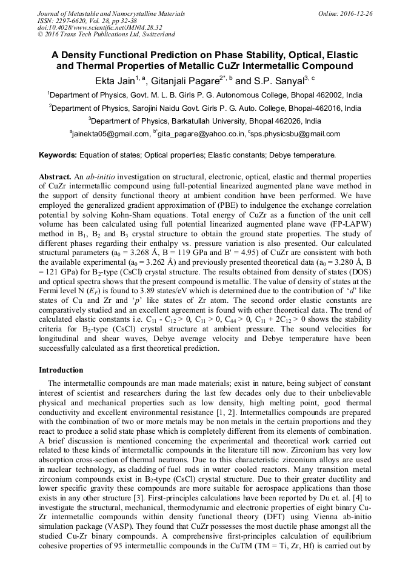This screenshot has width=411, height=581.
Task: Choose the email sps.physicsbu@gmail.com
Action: click(298, 134)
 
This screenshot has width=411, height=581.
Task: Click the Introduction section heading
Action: click(61, 370)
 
